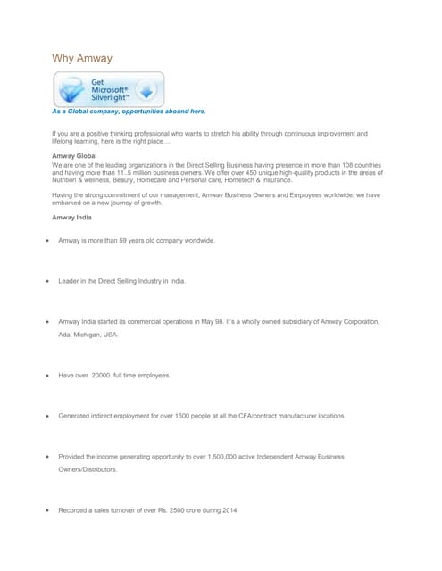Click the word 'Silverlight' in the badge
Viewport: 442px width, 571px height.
coord(111,97)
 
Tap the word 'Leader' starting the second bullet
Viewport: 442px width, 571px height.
coord(70,281)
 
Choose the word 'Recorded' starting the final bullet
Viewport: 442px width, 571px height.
coord(75,509)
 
